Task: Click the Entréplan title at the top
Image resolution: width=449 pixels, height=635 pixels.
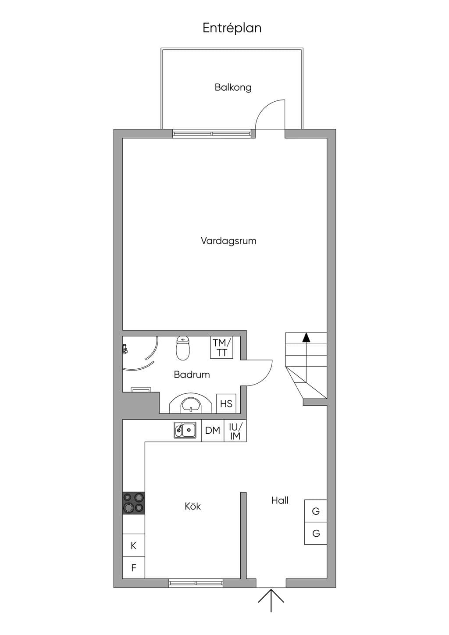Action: (x=232, y=29)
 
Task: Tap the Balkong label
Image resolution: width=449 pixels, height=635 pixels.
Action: (x=233, y=87)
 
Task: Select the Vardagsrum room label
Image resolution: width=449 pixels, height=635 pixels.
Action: (x=228, y=241)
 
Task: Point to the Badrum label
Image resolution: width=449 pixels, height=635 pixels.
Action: (x=192, y=375)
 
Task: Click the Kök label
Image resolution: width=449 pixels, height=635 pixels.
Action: (x=193, y=506)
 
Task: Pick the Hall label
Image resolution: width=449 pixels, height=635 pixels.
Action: (x=280, y=500)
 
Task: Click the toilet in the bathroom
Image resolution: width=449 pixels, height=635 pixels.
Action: (x=183, y=348)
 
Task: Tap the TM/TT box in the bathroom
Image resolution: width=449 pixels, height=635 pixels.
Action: (x=222, y=348)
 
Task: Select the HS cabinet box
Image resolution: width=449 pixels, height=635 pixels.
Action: (x=226, y=403)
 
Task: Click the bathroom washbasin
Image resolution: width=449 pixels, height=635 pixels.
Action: (x=191, y=403)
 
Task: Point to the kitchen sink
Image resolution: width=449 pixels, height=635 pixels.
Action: (x=185, y=430)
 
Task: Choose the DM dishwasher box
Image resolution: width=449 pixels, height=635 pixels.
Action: (x=213, y=431)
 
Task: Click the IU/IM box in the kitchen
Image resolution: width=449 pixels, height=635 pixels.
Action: (x=235, y=431)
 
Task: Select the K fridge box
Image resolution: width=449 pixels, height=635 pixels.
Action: (x=133, y=545)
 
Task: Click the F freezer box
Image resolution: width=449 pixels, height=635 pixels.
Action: (x=133, y=567)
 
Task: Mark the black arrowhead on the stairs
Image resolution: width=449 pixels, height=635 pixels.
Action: (x=306, y=337)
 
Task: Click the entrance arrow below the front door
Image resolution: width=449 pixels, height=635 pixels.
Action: (x=271, y=600)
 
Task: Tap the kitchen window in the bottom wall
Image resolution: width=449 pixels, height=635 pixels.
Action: (x=196, y=583)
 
